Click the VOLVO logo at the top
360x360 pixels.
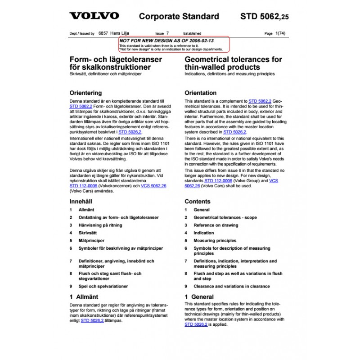point(94,16)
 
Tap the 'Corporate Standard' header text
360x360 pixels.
point(179,17)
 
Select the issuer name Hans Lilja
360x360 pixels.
point(119,33)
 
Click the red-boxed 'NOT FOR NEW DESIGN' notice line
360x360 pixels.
point(166,40)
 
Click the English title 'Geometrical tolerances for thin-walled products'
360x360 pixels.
point(233,63)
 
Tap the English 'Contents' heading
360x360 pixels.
point(197,202)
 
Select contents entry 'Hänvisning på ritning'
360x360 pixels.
point(100,225)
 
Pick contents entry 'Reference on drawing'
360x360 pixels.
point(216,225)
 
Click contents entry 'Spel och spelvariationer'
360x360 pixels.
point(103,286)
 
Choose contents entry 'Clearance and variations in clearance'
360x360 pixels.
point(231,286)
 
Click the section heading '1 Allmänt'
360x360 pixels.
point(84,297)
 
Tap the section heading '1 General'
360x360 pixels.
point(199,297)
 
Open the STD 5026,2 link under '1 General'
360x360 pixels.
point(196,324)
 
